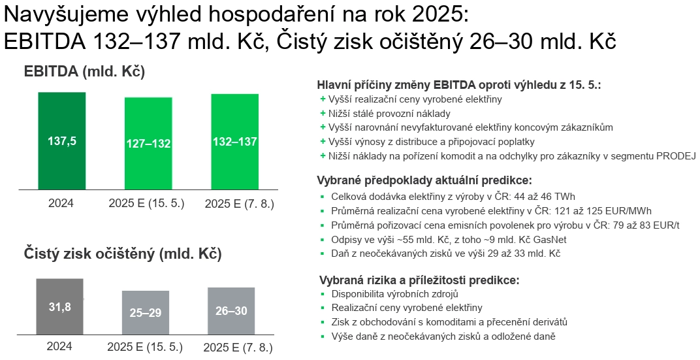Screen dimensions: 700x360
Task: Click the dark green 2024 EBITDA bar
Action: [61, 141]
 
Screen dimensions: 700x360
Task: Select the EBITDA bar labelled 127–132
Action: [148, 143]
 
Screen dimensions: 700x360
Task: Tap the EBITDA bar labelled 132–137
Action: [235, 142]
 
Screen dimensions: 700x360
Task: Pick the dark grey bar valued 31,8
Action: [60, 306]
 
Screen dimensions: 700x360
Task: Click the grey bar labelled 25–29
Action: [146, 313]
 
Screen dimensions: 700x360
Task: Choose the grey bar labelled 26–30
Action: [231, 311]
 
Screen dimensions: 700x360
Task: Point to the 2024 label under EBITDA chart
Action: [61, 204]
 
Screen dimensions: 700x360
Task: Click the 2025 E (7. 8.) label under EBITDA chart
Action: [239, 204]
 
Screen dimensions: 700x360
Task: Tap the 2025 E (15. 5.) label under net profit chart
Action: [145, 347]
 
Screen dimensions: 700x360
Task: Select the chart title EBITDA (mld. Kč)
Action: [84, 71]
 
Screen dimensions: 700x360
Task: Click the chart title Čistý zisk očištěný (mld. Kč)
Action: [123, 254]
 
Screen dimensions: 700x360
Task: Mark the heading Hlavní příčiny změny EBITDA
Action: [459, 85]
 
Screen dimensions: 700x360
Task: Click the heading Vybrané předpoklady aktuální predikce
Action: [424, 180]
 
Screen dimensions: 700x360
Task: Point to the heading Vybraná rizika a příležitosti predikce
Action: [420, 280]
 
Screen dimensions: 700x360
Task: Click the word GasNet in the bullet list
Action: [551, 239]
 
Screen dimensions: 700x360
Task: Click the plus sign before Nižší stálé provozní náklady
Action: [323, 114]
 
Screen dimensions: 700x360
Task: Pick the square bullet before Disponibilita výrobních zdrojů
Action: [323, 295]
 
